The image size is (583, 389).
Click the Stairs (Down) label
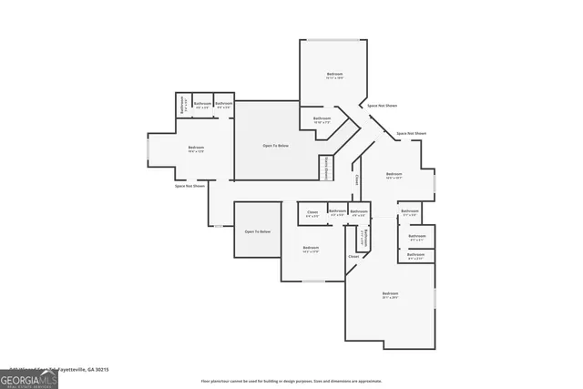click(325, 168)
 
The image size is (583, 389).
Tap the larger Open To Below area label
click(276, 145)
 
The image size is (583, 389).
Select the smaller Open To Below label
click(257, 232)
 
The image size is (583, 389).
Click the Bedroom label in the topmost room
click(335, 75)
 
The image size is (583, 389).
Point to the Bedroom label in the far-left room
click(196, 148)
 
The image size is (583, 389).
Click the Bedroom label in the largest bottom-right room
click(390, 294)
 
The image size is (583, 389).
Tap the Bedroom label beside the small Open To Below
click(311, 248)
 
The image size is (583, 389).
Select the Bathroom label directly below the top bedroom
click(322, 119)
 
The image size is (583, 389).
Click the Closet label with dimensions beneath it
click(312, 213)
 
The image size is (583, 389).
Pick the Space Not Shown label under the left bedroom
click(189, 186)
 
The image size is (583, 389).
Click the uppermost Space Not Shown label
click(382, 106)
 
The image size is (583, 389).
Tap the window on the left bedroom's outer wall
click(148, 150)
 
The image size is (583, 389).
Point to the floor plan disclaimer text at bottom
click(291, 381)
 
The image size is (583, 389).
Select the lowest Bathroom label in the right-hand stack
click(415, 256)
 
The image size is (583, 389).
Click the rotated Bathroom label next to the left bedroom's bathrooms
click(182, 105)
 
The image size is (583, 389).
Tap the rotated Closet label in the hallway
click(357, 179)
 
